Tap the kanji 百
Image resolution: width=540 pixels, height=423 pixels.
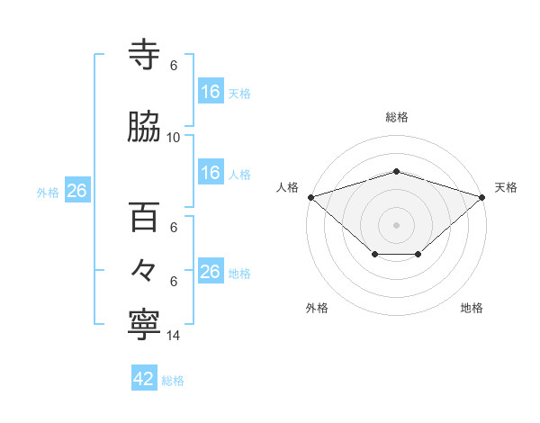point(145,216)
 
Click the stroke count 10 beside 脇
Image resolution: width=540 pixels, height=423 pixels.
point(174,138)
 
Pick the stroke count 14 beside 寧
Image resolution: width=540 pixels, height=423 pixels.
point(174,336)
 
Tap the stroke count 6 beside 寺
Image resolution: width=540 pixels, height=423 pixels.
point(174,66)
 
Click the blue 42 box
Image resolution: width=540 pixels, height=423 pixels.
point(145,379)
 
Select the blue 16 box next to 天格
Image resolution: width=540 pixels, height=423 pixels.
point(211,92)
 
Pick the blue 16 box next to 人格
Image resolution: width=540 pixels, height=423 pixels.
point(211,173)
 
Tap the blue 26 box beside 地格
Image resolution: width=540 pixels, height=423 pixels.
point(211,272)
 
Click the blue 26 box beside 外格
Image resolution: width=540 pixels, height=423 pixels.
point(76,191)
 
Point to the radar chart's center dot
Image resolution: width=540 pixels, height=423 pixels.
point(396,224)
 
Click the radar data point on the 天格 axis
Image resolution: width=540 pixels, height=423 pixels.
point(482,196)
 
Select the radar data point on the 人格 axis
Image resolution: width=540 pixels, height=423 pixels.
point(310,196)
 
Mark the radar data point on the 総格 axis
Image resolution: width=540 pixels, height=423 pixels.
point(396,171)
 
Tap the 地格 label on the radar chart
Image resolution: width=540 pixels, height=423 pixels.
point(472,308)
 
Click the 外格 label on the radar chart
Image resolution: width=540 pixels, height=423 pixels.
point(317,308)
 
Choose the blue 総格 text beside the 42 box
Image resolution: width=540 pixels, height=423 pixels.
point(173,381)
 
